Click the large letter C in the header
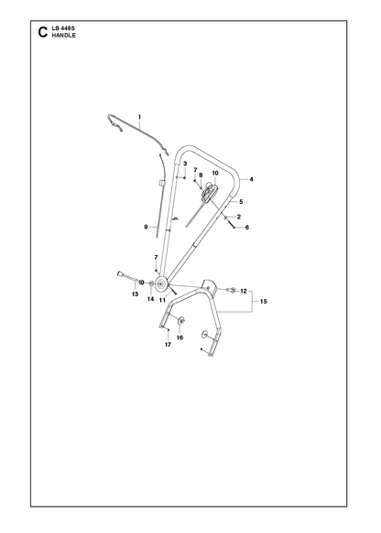pos(43,32)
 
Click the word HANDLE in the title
pos(64,36)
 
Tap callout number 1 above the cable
pos(139,117)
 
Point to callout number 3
pos(185,164)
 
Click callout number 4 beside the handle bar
pos(251,179)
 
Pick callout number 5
pos(241,202)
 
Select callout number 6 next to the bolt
pos(247,228)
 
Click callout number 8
pos(201,176)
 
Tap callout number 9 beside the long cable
pos(146,227)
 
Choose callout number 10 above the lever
pos(215,173)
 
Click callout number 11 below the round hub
pos(162,301)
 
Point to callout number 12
pos(244,292)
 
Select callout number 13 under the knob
pos(136,294)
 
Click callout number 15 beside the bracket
pos(264,302)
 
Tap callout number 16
pos(180,338)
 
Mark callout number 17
pos(168,345)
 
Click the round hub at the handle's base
pos(160,283)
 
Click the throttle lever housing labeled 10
pos(209,192)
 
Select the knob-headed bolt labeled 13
pos(129,277)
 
